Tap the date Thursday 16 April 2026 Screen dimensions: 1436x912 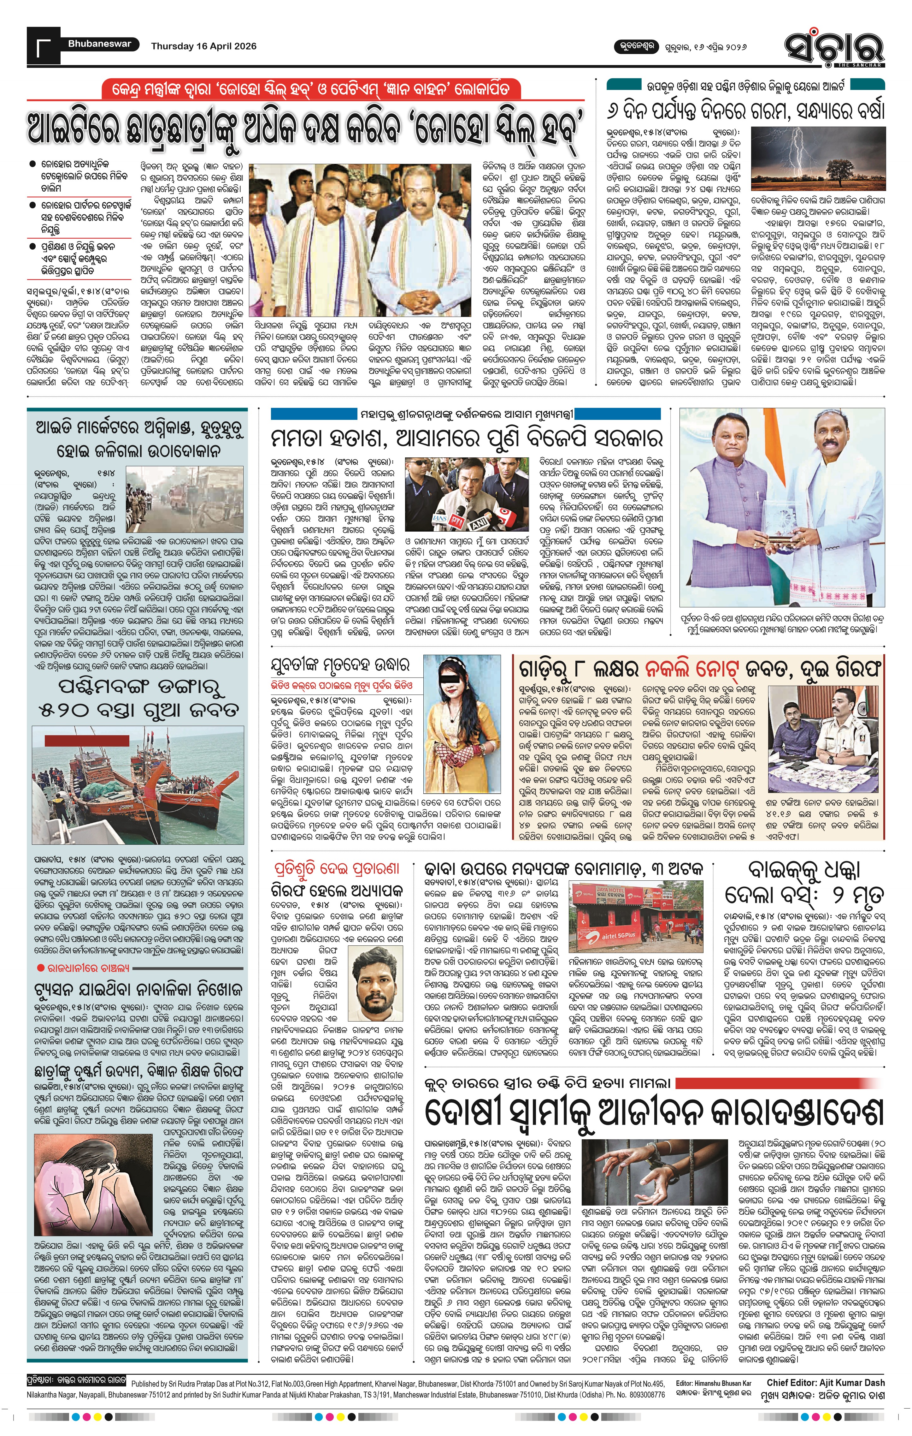point(204,46)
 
